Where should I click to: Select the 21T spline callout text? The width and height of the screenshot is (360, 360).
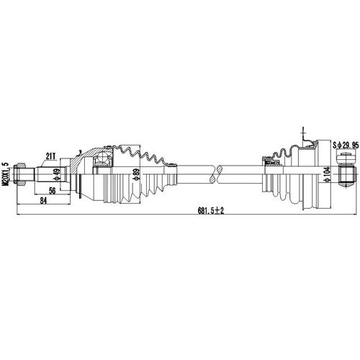pyautogui.click(x=50, y=155)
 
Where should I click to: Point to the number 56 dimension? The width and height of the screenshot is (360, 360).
pyautogui.click(x=53, y=190)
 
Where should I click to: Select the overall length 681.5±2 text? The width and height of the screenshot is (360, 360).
pyautogui.click(x=210, y=210)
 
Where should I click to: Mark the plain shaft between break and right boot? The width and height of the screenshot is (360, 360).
pyautogui.click(x=241, y=173)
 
